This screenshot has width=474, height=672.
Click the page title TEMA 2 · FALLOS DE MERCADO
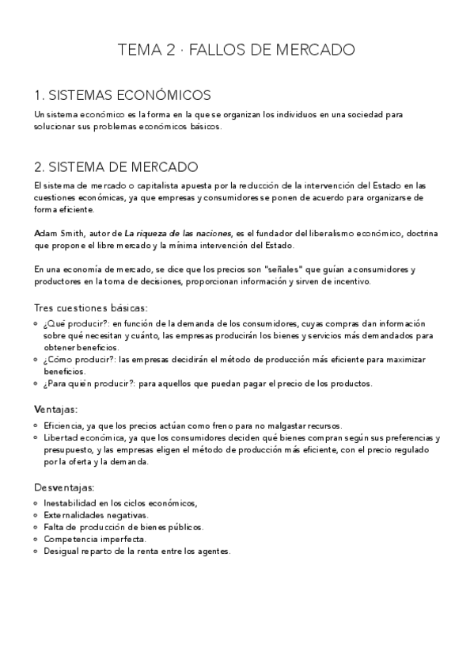point(237,51)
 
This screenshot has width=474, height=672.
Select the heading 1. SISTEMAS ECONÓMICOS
point(123,95)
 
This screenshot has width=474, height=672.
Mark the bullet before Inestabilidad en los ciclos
point(38,502)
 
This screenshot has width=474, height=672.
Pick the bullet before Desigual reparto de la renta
point(38,552)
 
